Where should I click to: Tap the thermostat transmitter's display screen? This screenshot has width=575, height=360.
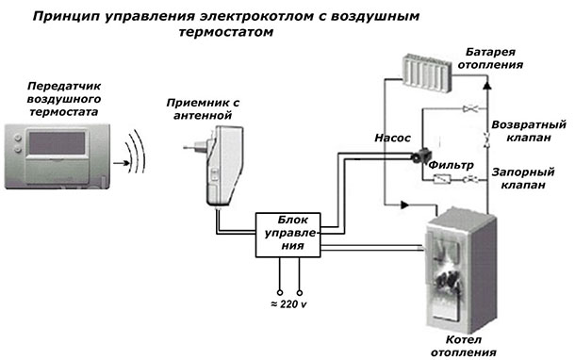pyautogui.click(x=57, y=143)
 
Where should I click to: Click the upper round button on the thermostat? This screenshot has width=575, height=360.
pyautogui.click(x=17, y=138)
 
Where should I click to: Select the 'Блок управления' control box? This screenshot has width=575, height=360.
pyautogui.click(x=287, y=235)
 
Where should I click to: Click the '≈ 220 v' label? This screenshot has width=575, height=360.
pyautogui.click(x=288, y=303)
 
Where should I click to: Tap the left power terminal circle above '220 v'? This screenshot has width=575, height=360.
pyautogui.click(x=280, y=292)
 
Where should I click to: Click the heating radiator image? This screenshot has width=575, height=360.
pyautogui.click(x=427, y=74)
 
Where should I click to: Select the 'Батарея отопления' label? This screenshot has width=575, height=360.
pyautogui.click(x=490, y=58)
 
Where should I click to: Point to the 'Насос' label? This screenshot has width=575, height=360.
pyautogui.click(x=392, y=138)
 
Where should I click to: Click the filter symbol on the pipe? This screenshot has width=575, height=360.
pyautogui.click(x=442, y=179)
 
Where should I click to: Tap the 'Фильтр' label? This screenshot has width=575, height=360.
pyautogui.click(x=451, y=165)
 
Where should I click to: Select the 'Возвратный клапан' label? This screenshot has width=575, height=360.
pyautogui.click(x=529, y=131)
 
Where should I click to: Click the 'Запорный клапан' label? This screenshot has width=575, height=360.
pyautogui.click(x=523, y=178)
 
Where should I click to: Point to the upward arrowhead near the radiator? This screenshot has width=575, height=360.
pyautogui.click(x=487, y=85)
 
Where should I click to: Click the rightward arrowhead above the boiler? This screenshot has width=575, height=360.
pyautogui.click(x=404, y=205)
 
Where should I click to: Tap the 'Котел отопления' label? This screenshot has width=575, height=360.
pyautogui.click(x=464, y=346)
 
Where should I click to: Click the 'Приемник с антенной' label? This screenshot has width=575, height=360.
pyautogui.click(x=203, y=109)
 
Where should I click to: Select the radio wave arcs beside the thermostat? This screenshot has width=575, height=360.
pyautogui.click(x=137, y=151)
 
